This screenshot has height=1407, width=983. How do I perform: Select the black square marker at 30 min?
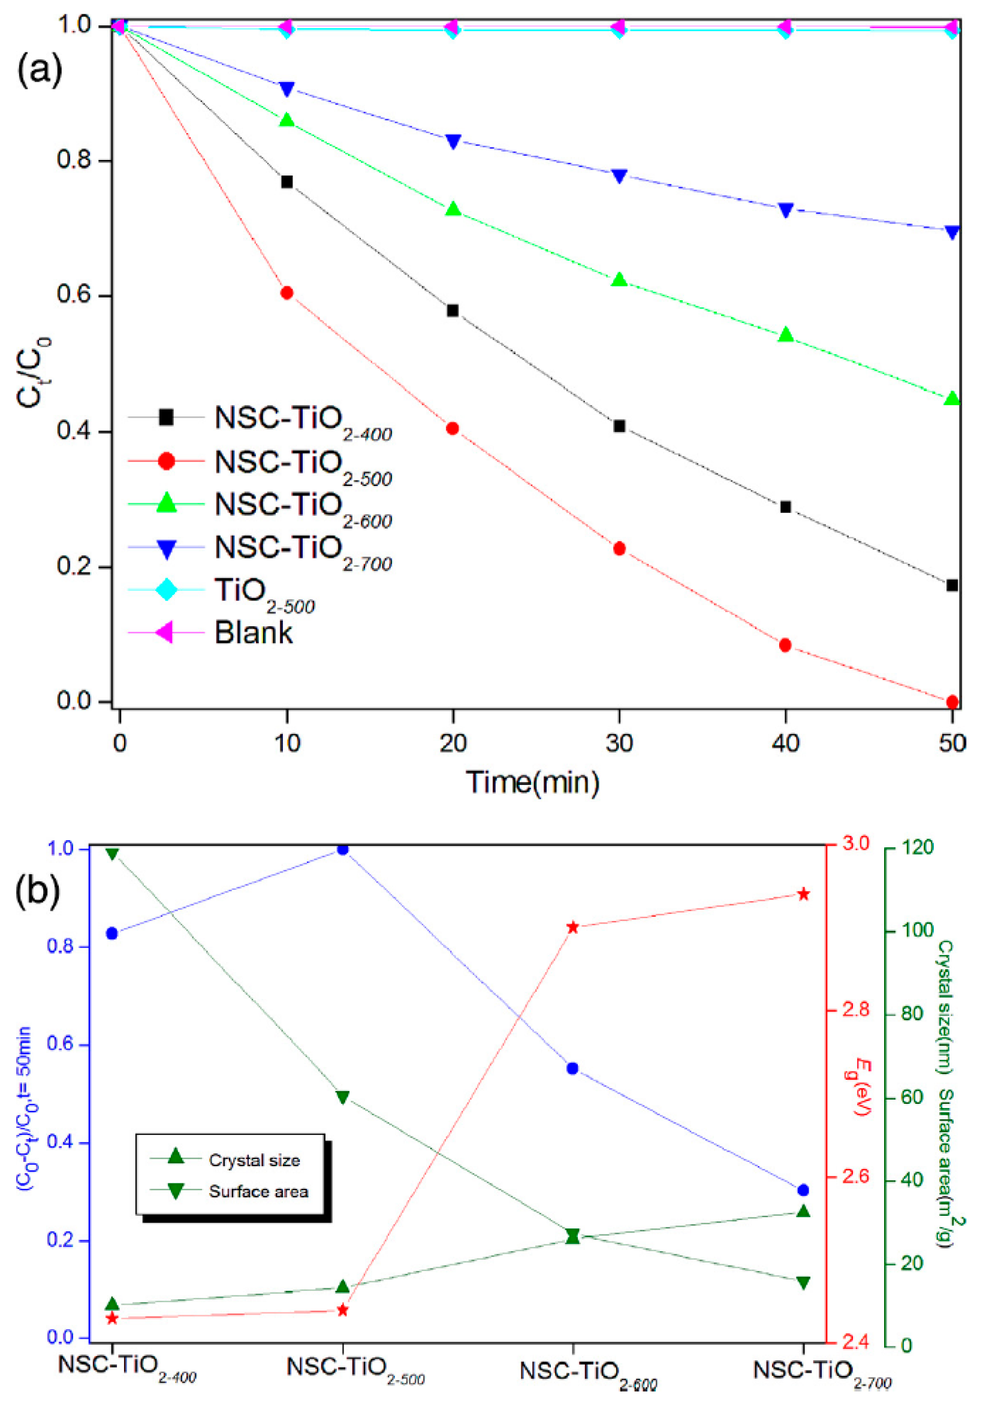pyautogui.click(x=619, y=426)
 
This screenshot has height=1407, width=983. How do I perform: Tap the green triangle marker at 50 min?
pyautogui.click(x=952, y=398)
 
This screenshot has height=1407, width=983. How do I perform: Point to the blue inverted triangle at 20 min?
pyautogui.click(x=453, y=141)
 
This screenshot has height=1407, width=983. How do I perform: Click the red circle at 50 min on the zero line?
pyautogui.click(x=952, y=701)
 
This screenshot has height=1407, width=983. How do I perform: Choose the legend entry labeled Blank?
pyautogui.click(x=253, y=632)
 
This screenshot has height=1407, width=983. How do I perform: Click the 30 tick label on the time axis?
pyautogui.click(x=619, y=743)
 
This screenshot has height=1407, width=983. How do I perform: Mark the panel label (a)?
pyautogui.click(x=40, y=69)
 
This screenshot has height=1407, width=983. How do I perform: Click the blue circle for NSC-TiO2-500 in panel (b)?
pyautogui.click(x=343, y=849)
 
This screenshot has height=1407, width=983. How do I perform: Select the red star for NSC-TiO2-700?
pyautogui.click(x=803, y=895)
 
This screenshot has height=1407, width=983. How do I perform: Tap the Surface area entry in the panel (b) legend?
pyautogui.click(x=257, y=1191)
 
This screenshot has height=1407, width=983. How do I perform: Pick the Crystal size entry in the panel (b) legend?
pyautogui.click(x=254, y=1160)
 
